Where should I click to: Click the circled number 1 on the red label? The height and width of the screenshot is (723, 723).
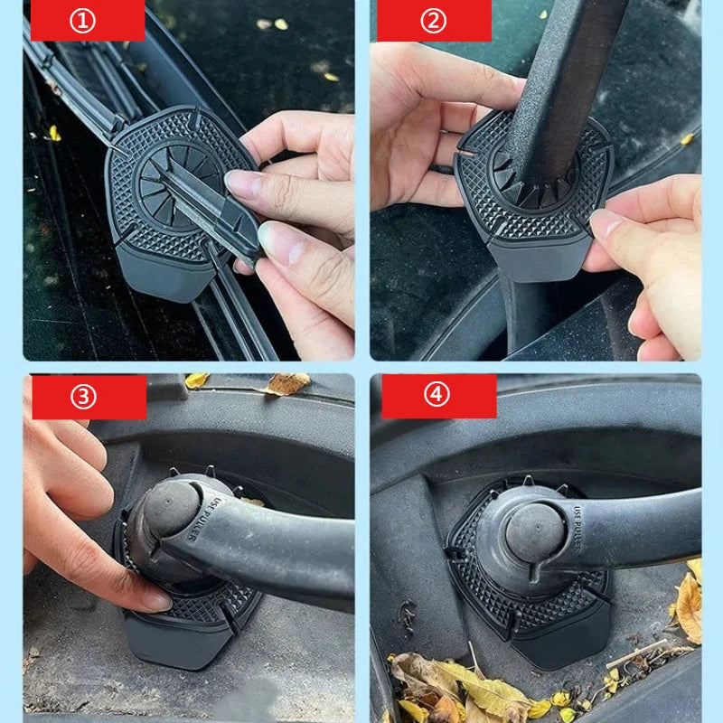click(82, 21)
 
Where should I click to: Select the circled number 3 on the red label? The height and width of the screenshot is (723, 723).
click(83, 397)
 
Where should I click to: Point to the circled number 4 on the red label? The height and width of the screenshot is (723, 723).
click(437, 396)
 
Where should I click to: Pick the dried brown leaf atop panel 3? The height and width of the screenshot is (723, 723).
click(287, 384)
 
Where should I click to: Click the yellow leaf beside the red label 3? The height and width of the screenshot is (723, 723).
click(195, 380)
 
